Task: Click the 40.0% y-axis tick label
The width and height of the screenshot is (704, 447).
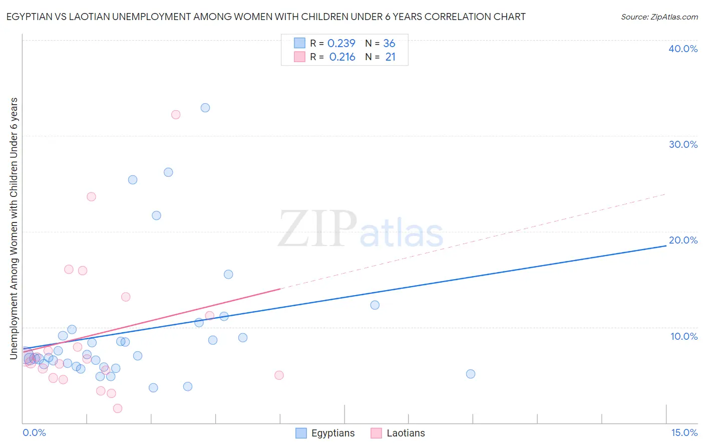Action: click(x=683, y=49)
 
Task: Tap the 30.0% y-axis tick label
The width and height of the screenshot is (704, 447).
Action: click(x=683, y=144)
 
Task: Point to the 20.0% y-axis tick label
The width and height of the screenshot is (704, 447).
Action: click(x=683, y=240)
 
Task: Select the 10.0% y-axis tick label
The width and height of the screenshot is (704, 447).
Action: click(x=684, y=336)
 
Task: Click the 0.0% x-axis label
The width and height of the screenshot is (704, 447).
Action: click(x=34, y=432)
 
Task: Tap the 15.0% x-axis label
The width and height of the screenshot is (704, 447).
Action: click(x=684, y=432)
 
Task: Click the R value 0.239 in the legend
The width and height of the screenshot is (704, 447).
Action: click(x=341, y=44)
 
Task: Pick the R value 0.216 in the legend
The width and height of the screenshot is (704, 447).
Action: click(x=342, y=57)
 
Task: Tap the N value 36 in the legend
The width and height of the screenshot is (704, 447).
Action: click(x=389, y=44)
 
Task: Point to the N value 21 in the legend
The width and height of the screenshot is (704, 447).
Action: click(x=390, y=57)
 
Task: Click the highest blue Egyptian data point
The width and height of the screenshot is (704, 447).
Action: click(x=205, y=108)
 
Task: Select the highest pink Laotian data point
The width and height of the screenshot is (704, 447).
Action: click(x=176, y=115)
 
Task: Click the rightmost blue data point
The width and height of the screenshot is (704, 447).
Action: click(x=471, y=374)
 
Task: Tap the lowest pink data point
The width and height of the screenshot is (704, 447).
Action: click(x=118, y=408)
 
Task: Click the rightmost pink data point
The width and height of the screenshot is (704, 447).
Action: click(x=279, y=375)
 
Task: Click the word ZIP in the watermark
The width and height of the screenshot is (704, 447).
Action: click(x=317, y=230)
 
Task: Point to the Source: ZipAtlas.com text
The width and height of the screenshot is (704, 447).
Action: click(x=659, y=17)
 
